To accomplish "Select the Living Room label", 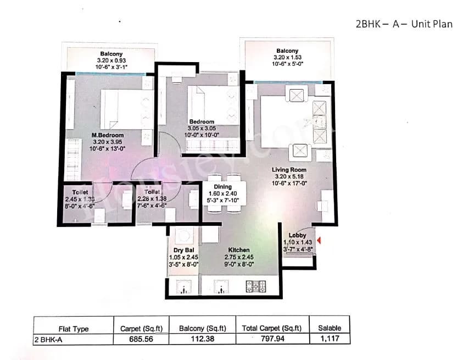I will point(288,170).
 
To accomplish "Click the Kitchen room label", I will point(239,250).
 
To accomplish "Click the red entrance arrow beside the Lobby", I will point(319,240).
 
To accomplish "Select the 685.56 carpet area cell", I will point(142,339).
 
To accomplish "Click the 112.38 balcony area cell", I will point(203,339).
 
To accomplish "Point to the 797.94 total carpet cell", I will point(272,339).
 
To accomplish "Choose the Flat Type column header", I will point(73,329).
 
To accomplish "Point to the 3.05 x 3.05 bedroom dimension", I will point(202,128).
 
